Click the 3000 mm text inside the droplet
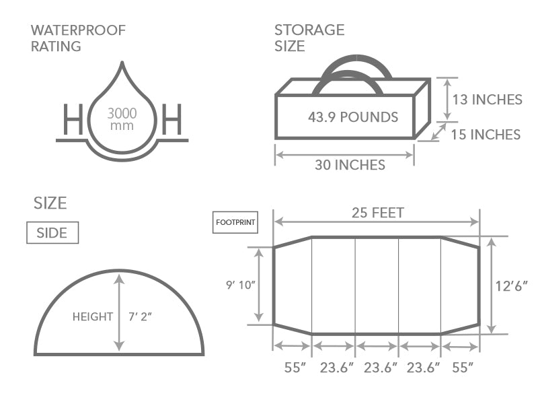pyautogui.click(x=122, y=119)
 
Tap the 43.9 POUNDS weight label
pyautogui.click(x=353, y=117)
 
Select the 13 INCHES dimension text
pyautogui.click(x=487, y=100)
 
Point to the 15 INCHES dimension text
pyautogui.click(x=486, y=135)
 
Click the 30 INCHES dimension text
pyautogui.click(x=350, y=165)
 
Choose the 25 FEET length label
pyautogui.click(x=378, y=213)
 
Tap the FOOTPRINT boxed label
pyautogui.click(x=235, y=222)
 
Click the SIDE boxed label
pyautogui.click(x=52, y=232)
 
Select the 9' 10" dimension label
pyautogui.click(x=241, y=285)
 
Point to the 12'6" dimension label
pyautogui.click(x=511, y=285)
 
